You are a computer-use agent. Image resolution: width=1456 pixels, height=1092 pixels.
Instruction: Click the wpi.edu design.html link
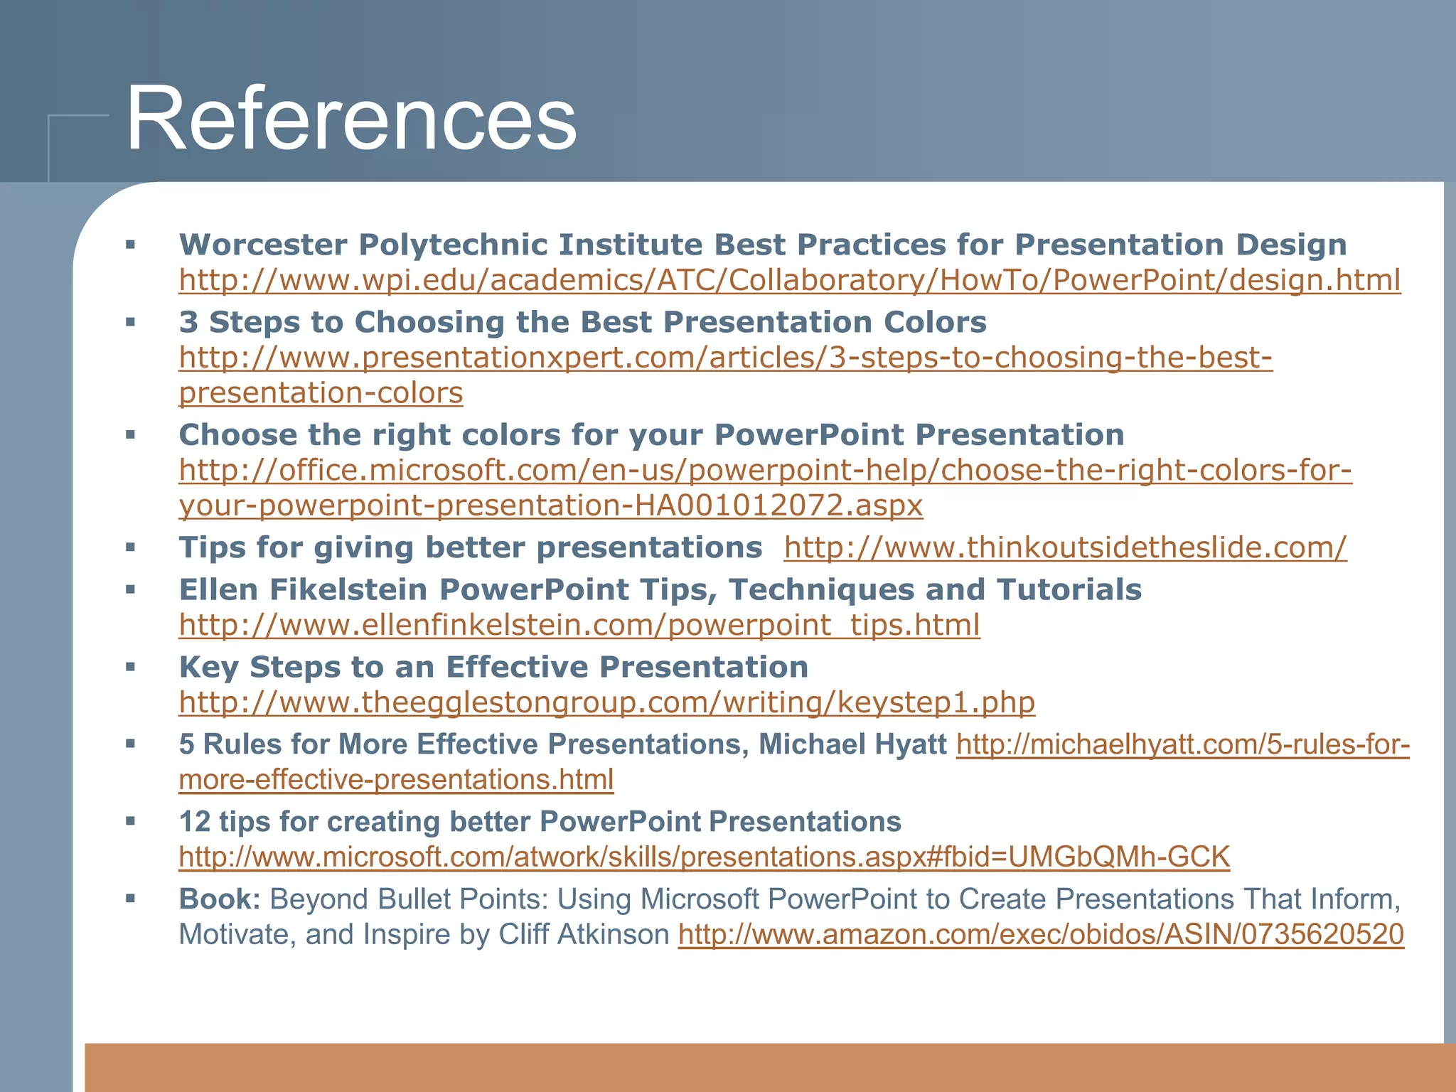click(x=789, y=280)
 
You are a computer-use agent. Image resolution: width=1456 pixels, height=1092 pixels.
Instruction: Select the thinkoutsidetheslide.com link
click(x=1065, y=547)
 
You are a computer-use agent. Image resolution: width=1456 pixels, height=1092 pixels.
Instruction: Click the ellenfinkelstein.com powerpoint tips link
click(x=579, y=625)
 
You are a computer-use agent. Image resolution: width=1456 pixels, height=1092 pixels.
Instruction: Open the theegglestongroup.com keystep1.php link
click(x=606, y=702)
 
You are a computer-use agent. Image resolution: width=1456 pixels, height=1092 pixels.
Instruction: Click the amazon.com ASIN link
click(x=1041, y=934)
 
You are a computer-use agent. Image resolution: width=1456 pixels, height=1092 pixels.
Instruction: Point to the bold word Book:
click(x=220, y=899)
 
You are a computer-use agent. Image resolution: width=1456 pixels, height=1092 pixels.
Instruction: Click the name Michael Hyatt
click(x=852, y=744)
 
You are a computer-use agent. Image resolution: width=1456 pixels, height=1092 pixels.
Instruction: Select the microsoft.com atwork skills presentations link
click(x=704, y=857)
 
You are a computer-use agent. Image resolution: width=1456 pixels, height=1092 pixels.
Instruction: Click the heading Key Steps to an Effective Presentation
click(x=493, y=667)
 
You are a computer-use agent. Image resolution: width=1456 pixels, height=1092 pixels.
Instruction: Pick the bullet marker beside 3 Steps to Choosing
click(x=130, y=322)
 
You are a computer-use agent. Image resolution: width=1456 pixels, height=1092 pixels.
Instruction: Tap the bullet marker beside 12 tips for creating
click(x=130, y=822)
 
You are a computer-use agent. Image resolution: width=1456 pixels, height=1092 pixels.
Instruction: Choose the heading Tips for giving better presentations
click(x=470, y=547)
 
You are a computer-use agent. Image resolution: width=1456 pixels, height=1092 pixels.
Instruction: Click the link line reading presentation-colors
click(x=321, y=393)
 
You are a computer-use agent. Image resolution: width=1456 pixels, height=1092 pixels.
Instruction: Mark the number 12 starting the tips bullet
click(x=194, y=822)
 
